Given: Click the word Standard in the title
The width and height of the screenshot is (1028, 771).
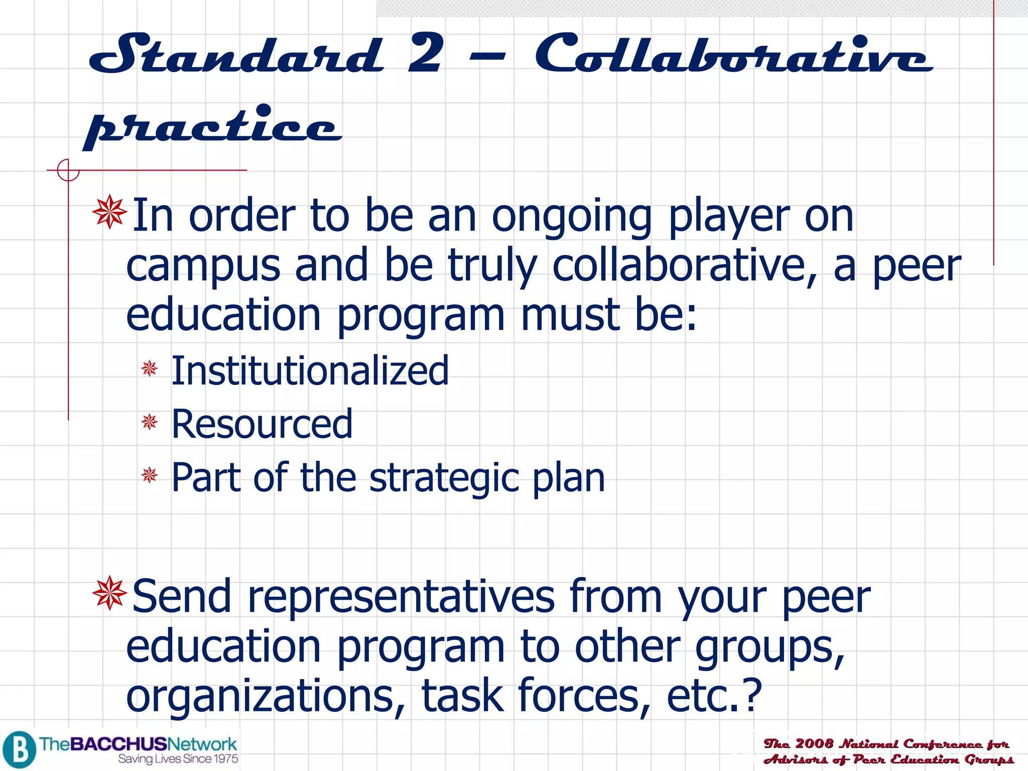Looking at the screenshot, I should tap(236, 54).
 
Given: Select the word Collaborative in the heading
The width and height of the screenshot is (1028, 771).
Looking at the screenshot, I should tap(733, 54).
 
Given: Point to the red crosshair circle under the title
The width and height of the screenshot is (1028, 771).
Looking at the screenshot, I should tap(68, 170).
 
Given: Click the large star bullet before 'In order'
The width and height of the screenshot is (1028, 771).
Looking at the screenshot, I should tap(109, 212).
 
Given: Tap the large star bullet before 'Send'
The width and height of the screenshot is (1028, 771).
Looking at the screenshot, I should tap(109, 593).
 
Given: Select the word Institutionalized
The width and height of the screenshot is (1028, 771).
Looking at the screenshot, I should tap(310, 370).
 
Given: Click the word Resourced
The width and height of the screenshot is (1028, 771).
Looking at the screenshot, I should tap(262, 424).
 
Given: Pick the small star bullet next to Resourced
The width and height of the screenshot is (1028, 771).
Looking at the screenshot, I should tap(150, 422).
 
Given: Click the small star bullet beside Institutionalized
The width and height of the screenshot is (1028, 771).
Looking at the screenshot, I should tap(150, 368).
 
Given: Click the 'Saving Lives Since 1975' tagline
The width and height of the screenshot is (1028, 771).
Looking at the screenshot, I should tap(178, 759).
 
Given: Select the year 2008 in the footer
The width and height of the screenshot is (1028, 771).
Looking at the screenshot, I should tap(814, 743).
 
